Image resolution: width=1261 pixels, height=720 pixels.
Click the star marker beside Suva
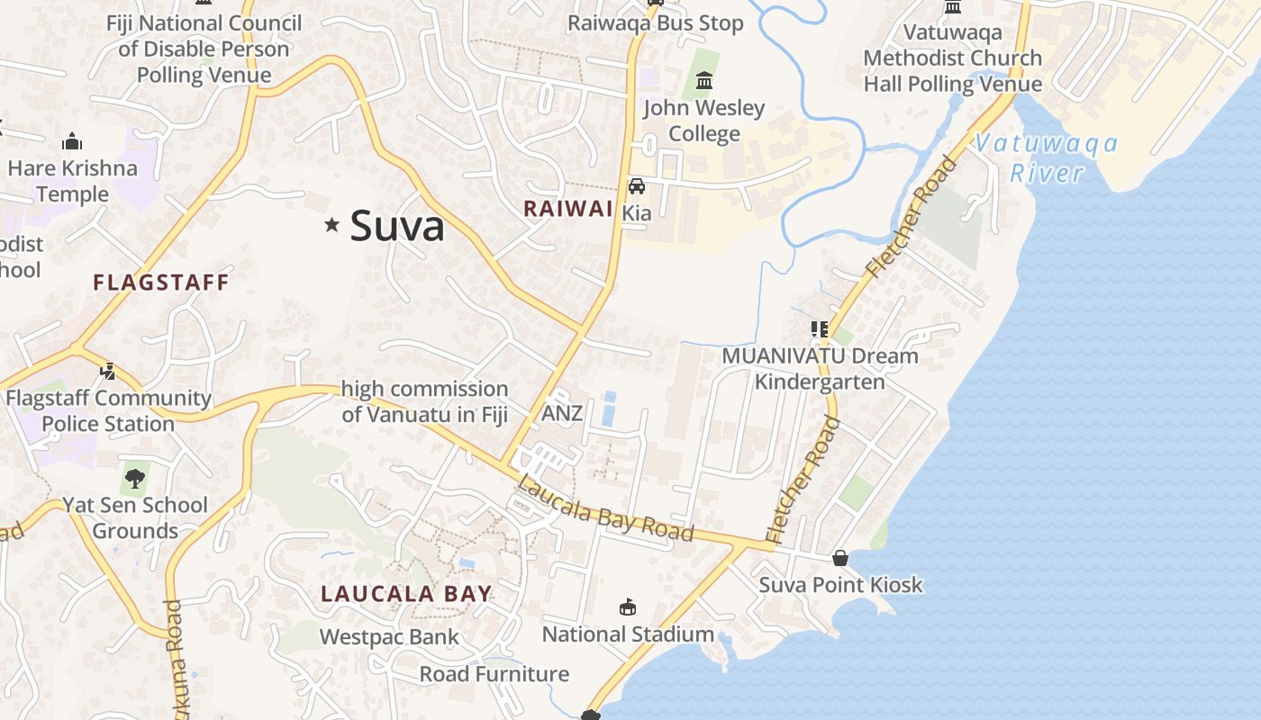[x=331, y=225]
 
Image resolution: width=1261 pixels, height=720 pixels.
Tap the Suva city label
[x=397, y=225]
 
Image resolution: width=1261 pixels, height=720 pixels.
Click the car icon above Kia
[x=637, y=186]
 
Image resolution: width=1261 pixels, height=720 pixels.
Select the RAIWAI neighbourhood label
[x=568, y=209]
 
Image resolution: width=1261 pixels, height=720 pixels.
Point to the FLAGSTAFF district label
[x=161, y=283]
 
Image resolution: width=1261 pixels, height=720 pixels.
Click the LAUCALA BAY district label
[x=407, y=594]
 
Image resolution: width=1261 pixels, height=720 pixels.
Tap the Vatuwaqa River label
[x=1046, y=157]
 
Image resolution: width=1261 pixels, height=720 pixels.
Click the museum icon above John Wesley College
[x=704, y=83]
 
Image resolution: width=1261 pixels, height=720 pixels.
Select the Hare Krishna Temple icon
[x=72, y=142]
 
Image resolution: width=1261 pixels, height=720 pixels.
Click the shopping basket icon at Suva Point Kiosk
[x=840, y=559]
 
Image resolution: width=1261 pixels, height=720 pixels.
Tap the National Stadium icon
[x=628, y=607]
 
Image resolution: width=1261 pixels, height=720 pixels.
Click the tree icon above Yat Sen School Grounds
[x=134, y=478]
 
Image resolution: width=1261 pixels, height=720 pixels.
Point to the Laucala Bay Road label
[x=605, y=509]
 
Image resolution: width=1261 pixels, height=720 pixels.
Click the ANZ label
[x=562, y=414]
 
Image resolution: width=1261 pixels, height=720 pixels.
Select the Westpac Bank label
[x=389, y=637]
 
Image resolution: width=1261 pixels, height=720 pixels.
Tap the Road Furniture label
[x=494, y=674]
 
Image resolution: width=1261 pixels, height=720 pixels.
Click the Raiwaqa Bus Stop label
[x=656, y=23]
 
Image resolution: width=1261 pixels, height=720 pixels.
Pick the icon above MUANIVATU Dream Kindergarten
[x=819, y=329]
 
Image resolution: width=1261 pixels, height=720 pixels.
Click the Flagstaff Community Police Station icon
[x=107, y=371]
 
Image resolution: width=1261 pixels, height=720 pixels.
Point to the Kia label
[x=637, y=213]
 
